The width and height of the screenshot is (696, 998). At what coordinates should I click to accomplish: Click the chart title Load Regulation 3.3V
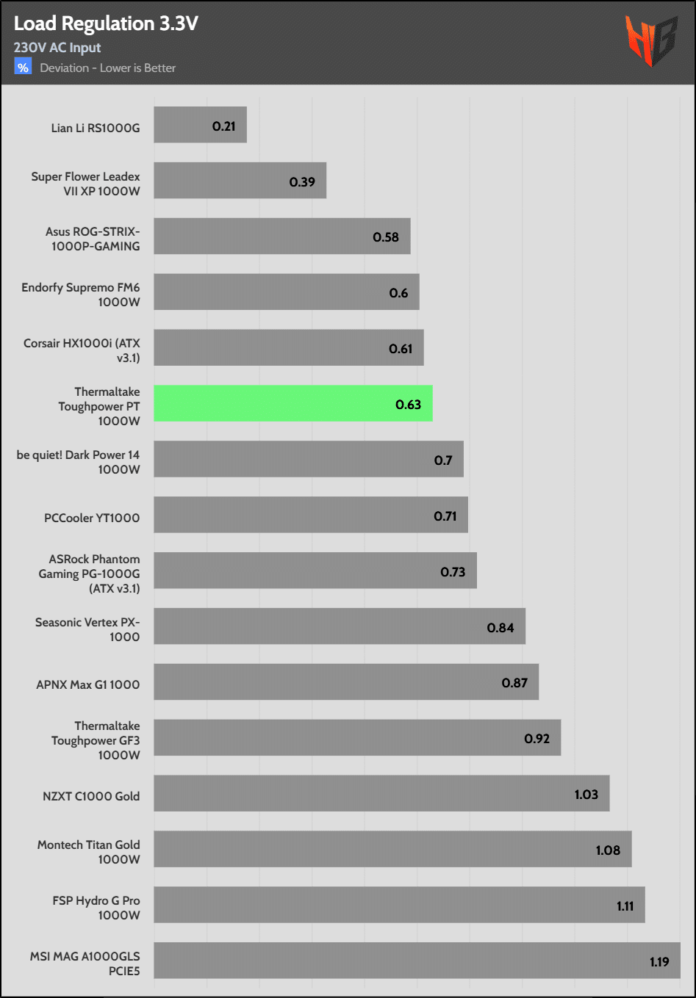coord(106,23)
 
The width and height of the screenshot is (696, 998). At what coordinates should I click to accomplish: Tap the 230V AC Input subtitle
coord(57,48)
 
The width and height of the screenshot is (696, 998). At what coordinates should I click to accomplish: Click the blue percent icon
coord(23,68)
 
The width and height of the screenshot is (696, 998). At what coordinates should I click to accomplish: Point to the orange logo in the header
coord(650,40)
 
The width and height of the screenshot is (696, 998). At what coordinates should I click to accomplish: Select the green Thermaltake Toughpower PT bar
coord(293,403)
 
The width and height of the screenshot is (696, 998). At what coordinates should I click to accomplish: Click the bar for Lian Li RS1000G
coord(200,125)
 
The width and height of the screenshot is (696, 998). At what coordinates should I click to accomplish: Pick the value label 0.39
coord(302,182)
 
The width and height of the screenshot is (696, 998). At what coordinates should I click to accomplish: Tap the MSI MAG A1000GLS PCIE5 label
coord(85,963)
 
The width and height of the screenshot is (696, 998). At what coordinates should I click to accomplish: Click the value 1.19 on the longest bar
coord(659,962)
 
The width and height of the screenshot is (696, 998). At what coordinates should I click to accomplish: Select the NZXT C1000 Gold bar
coord(381,793)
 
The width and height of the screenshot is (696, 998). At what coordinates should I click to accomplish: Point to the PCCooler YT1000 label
coord(92,518)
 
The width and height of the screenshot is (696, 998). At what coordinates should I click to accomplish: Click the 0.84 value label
coord(501,628)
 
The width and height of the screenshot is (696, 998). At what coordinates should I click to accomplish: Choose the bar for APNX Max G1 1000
coord(345,681)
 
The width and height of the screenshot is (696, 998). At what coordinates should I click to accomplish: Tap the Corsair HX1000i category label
coord(82,350)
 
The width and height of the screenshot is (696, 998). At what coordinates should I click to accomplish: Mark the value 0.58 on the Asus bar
coord(386,237)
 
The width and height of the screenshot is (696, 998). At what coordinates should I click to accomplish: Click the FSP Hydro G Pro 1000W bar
coord(398,905)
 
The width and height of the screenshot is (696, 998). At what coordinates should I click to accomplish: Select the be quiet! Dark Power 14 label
coord(78,462)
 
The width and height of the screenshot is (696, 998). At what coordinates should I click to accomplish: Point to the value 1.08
coord(608,850)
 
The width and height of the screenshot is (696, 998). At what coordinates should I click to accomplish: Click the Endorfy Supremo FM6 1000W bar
coord(286,292)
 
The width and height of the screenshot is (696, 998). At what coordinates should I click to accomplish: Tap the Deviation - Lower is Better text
coord(108,68)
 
